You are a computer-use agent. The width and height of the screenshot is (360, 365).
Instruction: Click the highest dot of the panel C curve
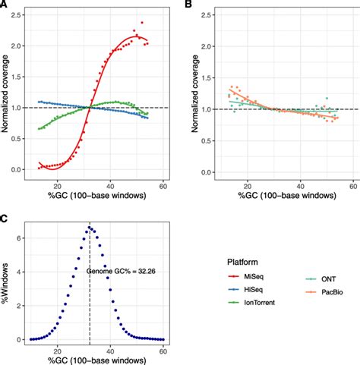click(90, 227)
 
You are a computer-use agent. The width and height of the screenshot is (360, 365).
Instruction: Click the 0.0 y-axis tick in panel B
click(201, 170)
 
